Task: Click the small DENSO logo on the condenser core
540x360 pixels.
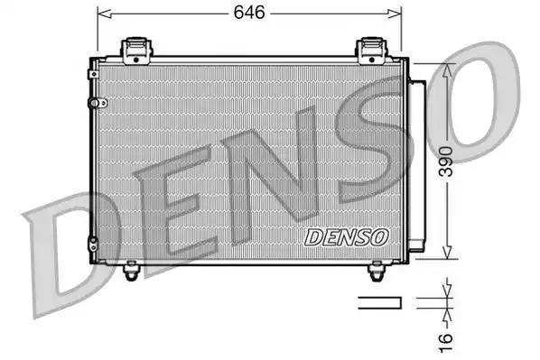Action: tap(346, 237)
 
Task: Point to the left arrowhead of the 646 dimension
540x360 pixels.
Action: tap(102, 13)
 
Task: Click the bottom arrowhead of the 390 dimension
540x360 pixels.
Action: tap(444, 254)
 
